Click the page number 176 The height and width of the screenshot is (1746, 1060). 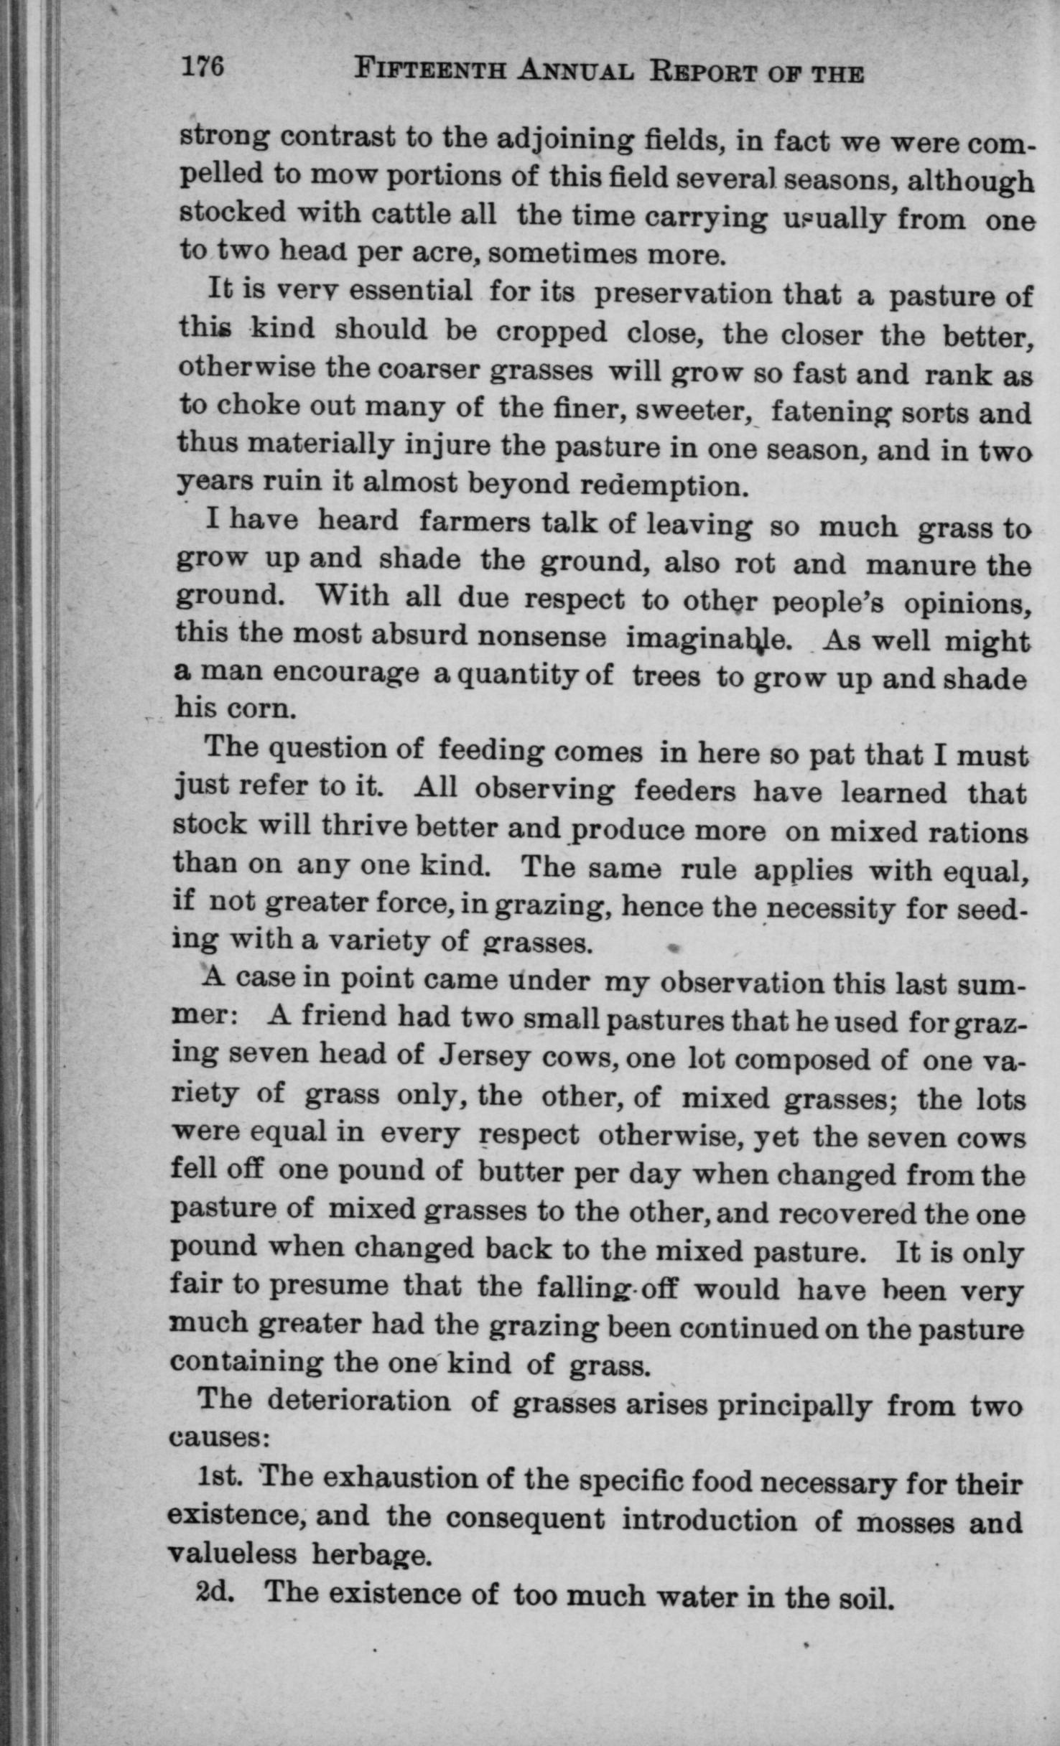click(203, 67)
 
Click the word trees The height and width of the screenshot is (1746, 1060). click(666, 676)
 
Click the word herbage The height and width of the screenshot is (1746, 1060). click(372, 1555)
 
